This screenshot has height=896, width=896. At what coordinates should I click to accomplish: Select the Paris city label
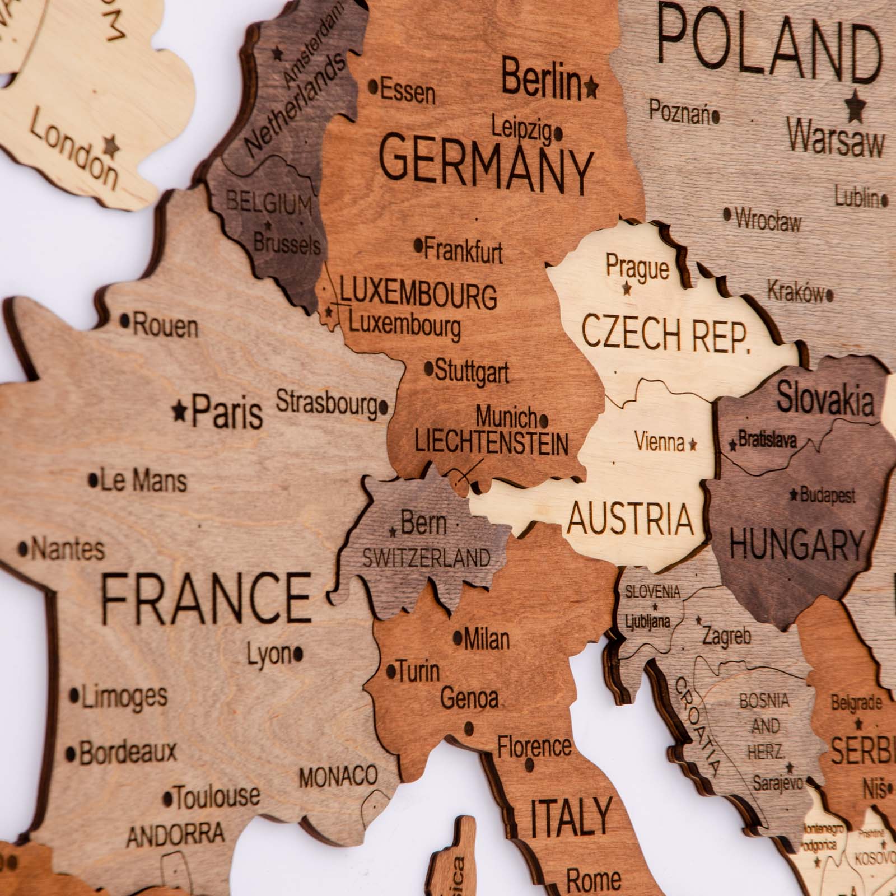227,413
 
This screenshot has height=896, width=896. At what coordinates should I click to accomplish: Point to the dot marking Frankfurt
418,245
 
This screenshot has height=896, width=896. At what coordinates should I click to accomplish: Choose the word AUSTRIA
630,518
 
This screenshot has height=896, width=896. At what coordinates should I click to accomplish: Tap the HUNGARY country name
797,544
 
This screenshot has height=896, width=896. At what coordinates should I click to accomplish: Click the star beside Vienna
693,445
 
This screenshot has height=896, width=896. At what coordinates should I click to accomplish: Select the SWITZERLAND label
427,558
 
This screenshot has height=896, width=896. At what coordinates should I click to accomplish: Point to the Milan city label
487,639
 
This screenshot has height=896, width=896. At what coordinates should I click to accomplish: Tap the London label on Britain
73,149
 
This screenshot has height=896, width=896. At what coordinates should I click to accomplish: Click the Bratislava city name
768,440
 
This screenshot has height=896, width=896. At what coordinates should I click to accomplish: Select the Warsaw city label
836,138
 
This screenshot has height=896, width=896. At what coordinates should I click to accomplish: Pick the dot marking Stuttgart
429,368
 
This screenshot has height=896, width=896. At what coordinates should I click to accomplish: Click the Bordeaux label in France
128,753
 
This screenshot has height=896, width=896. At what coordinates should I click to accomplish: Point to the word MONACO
338,777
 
